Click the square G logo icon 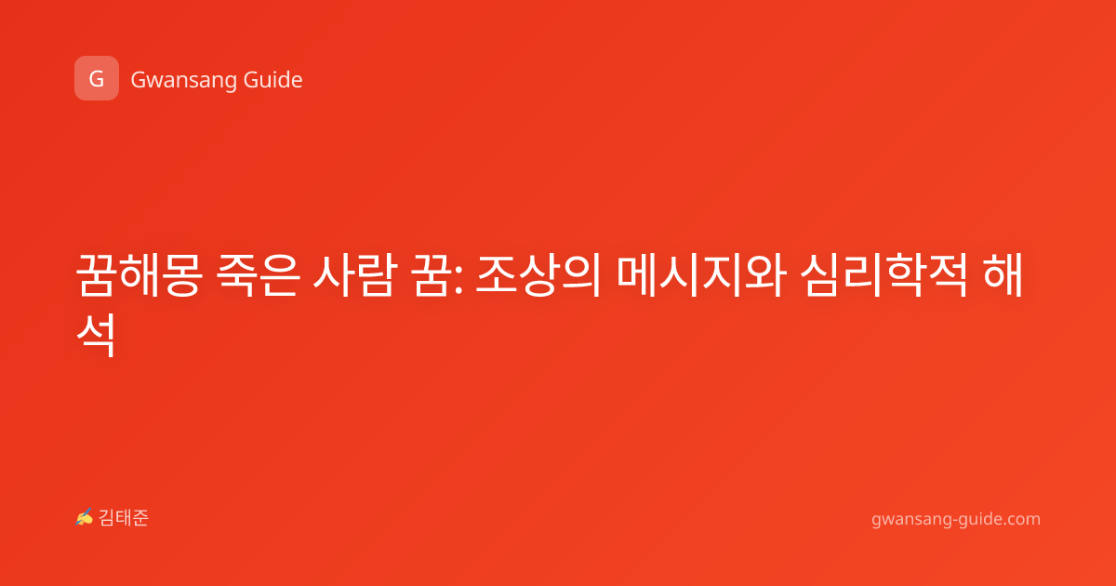pos(97,78)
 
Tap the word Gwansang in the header pos(183,80)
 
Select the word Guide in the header pos(273,79)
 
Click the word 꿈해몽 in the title pos(139,275)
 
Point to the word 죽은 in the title pos(259,275)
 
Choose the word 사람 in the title pos(355,275)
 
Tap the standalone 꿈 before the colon pos(431,275)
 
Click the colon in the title pos(458,280)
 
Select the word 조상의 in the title pos(538,275)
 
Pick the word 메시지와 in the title pos(701,275)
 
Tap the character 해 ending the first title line pos(1003,275)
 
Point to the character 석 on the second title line pos(96,335)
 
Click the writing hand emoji pos(85,517)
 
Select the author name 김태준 pos(124,518)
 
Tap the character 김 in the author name pos(107,518)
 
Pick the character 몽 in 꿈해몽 pos(182,275)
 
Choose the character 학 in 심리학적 pos(905,275)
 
